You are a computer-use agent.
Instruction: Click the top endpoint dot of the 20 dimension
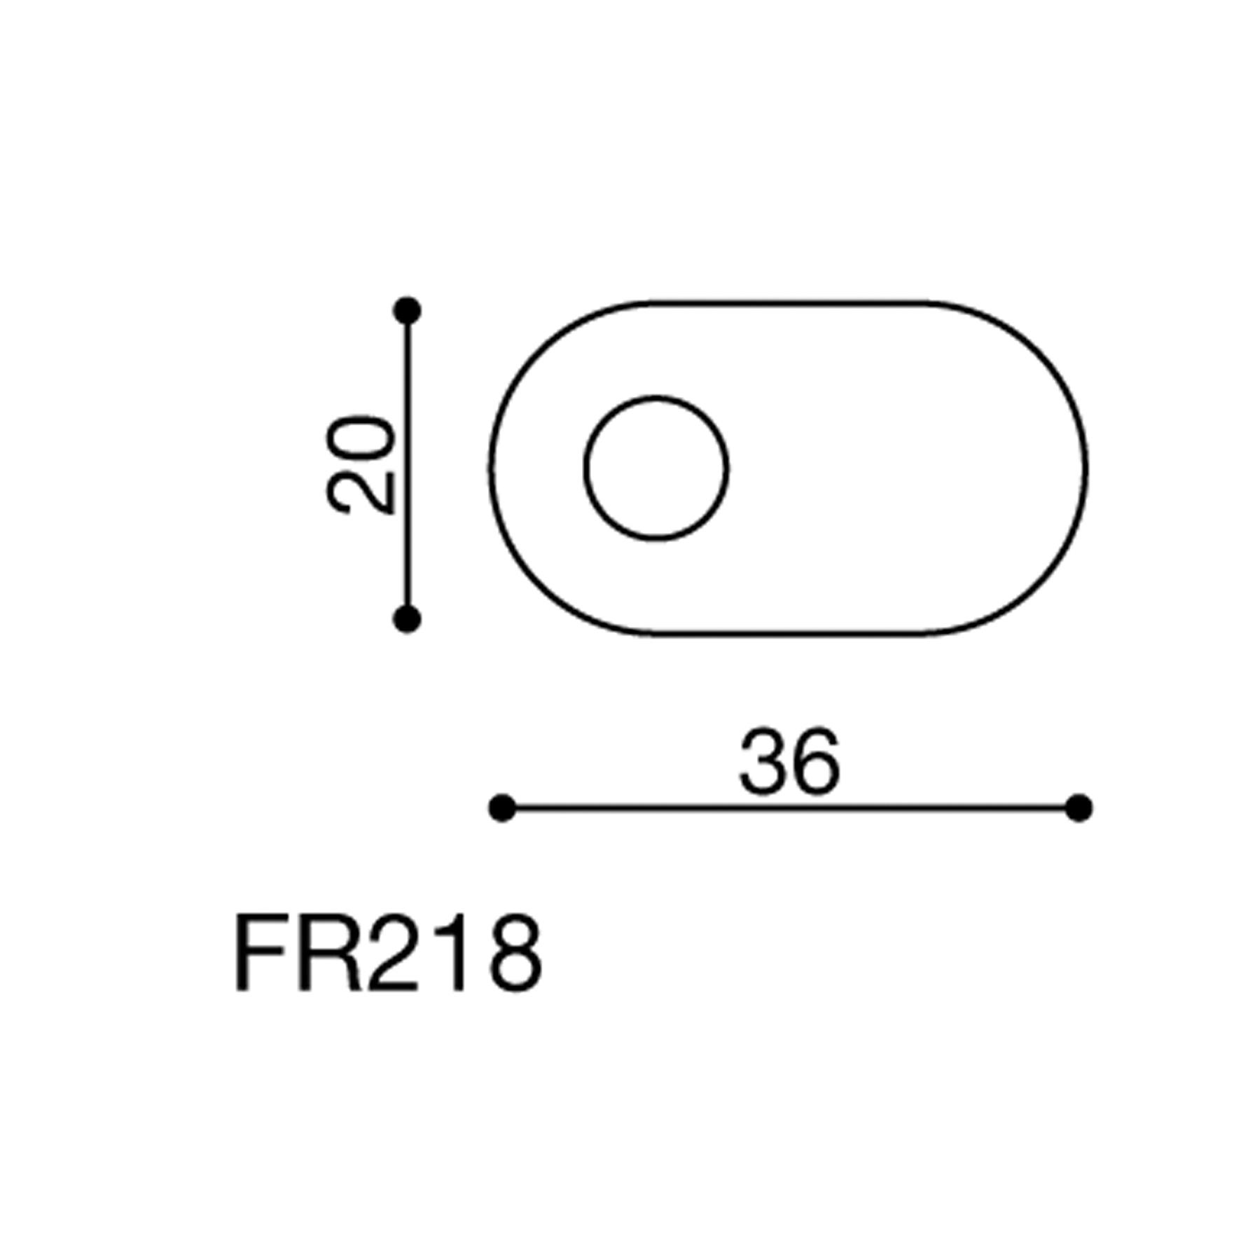(407, 310)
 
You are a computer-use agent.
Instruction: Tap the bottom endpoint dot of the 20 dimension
(407, 619)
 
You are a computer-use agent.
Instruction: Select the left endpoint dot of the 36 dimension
(502, 808)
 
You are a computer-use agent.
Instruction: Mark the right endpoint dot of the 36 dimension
(1079, 808)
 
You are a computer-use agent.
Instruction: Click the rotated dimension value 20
(361, 465)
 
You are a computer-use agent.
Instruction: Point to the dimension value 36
(789, 761)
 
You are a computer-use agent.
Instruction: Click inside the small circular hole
(656, 469)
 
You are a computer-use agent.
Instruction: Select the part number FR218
(388, 953)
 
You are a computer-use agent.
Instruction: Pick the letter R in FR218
(329, 953)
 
